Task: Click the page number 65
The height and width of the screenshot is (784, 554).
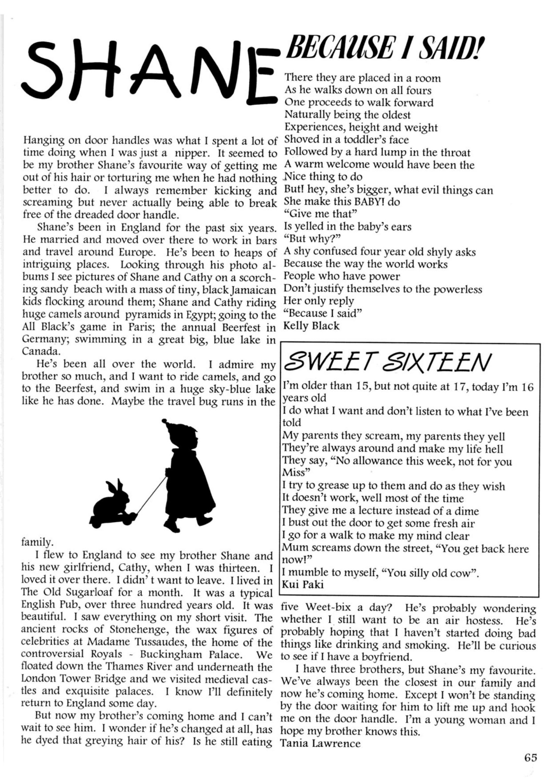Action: tap(530, 757)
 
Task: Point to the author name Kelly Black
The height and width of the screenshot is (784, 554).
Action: tap(311, 326)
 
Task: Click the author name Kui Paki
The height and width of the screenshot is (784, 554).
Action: tap(303, 585)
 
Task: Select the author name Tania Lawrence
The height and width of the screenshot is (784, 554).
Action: tap(321, 743)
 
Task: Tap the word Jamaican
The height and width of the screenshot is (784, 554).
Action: tap(254, 290)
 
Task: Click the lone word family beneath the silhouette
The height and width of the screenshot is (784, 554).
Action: tap(37, 543)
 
